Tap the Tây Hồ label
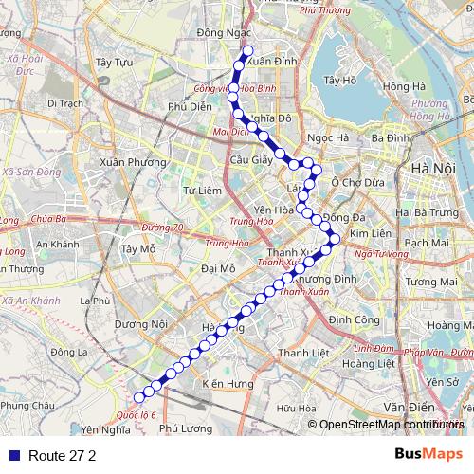[339, 81]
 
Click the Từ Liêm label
[201, 191]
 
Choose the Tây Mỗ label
[138, 249]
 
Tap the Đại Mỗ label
[219, 268]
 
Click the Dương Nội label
[140, 324]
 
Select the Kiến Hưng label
[228, 384]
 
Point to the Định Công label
[351, 320]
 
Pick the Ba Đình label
[391, 137]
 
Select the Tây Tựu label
[114, 63]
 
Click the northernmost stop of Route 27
[248, 51]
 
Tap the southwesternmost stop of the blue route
[138, 397]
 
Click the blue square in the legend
[14, 455]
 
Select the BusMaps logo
[428, 454]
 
